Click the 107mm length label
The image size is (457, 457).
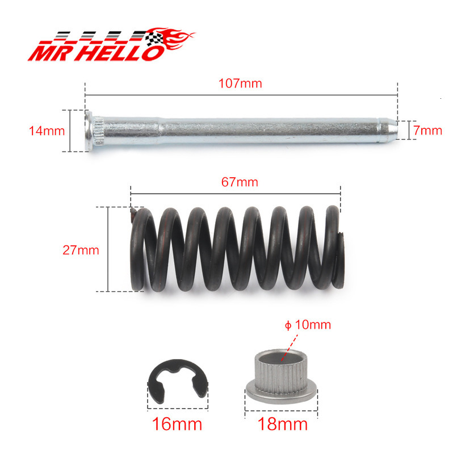(x=240, y=83)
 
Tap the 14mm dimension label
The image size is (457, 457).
(x=47, y=131)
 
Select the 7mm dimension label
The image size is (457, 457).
(x=427, y=131)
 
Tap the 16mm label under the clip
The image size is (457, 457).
(x=177, y=424)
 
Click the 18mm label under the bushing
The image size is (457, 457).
(x=283, y=424)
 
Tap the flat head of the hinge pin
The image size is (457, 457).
(x=89, y=131)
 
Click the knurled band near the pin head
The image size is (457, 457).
(x=97, y=131)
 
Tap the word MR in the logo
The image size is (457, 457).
(x=49, y=53)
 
